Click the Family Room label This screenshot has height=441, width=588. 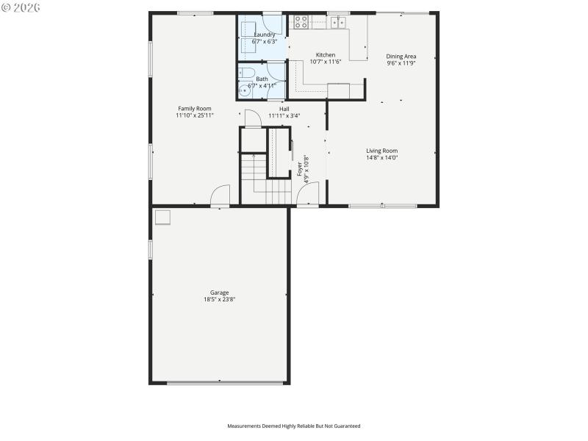194,108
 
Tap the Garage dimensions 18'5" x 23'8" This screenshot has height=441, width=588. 219,299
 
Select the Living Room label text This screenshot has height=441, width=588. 381,151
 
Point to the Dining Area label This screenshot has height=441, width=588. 401,56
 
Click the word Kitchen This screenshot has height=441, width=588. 326,55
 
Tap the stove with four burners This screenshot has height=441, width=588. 301,22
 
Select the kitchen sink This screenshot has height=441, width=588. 338,23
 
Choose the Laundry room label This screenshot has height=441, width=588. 265,35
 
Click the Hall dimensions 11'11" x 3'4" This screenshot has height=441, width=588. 284,115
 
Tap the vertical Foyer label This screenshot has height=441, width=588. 300,170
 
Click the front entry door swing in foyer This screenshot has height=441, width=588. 308,194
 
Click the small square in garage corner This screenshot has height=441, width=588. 162,217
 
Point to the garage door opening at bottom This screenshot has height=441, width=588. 226,382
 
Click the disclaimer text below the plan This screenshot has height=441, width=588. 293,426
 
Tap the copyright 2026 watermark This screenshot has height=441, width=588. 21,7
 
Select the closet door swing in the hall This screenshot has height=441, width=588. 251,118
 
